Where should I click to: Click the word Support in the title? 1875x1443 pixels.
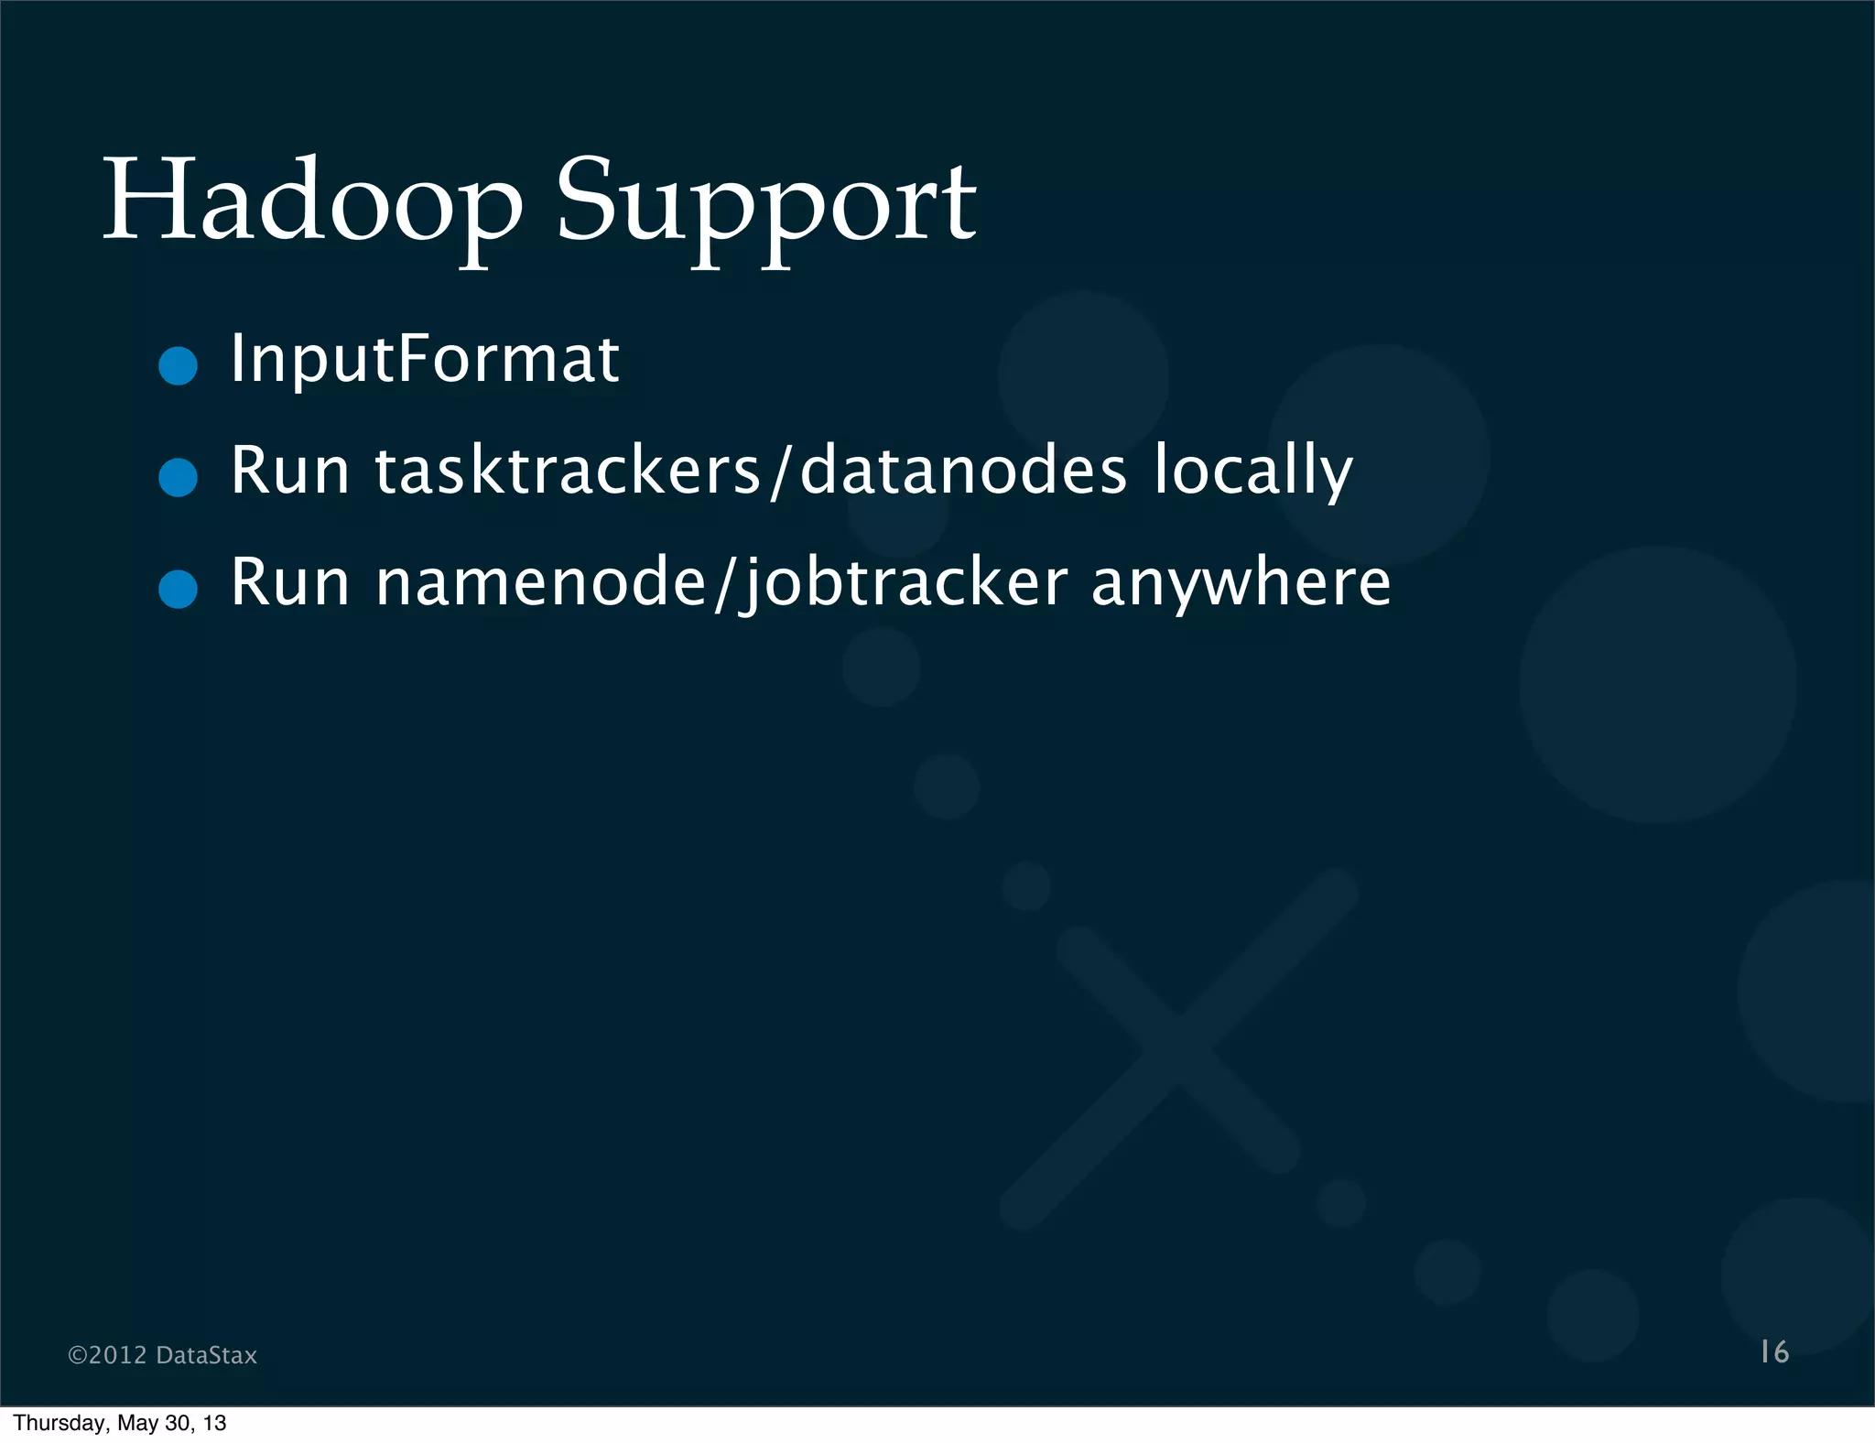(766, 206)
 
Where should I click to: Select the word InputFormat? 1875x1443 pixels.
(425, 359)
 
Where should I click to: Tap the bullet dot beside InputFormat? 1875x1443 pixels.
(178, 366)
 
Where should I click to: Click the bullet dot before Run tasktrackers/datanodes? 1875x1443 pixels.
(178, 477)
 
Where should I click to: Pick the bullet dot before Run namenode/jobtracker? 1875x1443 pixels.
(178, 589)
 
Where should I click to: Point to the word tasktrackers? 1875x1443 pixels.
(568, 471)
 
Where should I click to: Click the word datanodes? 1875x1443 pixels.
(963, 471)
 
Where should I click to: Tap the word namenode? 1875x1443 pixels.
(541, 583)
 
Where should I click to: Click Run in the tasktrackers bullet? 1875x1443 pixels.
(289, 471)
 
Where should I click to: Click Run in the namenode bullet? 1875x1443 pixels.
(289, 583)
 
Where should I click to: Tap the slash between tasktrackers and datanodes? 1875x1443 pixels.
(779, 472)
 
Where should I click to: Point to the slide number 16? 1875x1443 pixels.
(1774, 1352)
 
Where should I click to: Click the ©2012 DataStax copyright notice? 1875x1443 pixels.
(163, 1355)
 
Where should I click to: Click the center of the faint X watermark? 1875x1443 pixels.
(1177, 1048)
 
